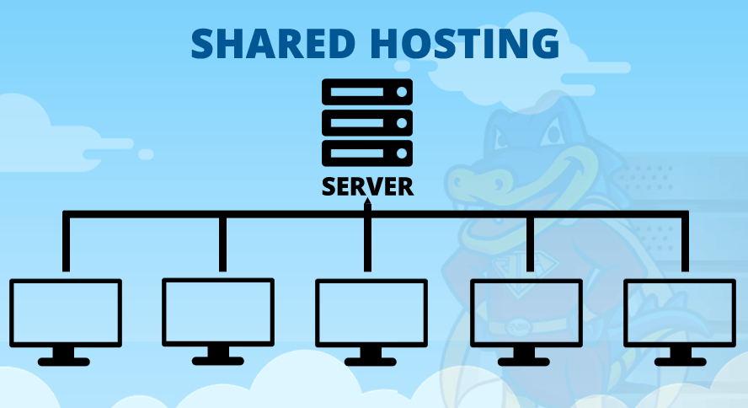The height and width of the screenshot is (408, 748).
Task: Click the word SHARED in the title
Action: click(x=273, y=44)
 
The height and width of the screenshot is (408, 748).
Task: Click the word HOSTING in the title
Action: click(x=465, y=44)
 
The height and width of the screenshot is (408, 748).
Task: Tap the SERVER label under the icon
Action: click(x=367, y=186)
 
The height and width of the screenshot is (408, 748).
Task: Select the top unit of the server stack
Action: click(x=367, y=92)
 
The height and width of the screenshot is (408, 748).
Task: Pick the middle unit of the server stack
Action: click(x=367, y=122)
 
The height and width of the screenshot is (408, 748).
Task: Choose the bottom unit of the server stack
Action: click(x=367, y=153)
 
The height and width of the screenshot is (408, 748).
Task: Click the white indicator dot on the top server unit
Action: click(x=402, y=92)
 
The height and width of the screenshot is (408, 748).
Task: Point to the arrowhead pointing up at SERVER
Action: click(x=367, y=204)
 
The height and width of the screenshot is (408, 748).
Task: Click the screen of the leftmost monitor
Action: click(x=66, y=313)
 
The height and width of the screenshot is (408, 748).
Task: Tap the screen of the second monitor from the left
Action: click(x=218, y=312)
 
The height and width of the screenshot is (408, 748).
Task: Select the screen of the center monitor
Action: click(x=371, y=313)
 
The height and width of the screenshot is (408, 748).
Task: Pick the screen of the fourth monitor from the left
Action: click(x=526, y=313)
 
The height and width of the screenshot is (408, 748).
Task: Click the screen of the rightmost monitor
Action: click(x=679, y=313)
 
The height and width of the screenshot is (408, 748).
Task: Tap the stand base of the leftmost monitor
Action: click(x=64, y=362)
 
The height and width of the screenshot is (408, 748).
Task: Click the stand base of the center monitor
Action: click(x=370, y=362)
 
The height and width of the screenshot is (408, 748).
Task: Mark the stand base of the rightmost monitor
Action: click(x=681, y=362)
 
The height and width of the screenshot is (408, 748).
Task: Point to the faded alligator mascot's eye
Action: click(x=555, y=132)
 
